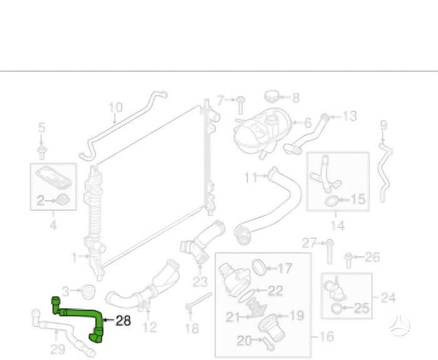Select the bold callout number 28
coord(123,321)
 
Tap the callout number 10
coord(115,107)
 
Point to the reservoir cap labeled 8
coord(271,96)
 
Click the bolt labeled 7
coord(240,105)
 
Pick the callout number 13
coord(350,116)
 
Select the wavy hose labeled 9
coord(384,172)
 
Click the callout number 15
coord(358,199)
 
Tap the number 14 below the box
coord(337,225)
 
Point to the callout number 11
coord(250,177)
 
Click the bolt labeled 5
coord(42,152)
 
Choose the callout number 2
coord(41,201)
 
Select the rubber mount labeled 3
coord(88,292)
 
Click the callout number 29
coord(58,349)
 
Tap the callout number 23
coord(200,282)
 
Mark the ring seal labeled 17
coord(258,267)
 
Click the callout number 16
coord(327,336)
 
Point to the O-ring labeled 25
coord(336,308)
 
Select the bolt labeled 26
coord(348,260)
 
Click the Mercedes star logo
coord(400,326)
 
